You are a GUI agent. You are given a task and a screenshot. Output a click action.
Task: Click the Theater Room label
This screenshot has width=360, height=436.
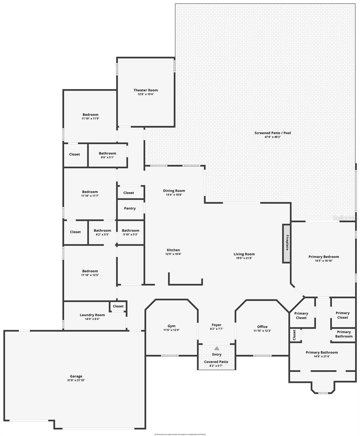(145, 90)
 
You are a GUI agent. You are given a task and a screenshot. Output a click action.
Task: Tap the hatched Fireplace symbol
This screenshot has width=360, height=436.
(287, 243)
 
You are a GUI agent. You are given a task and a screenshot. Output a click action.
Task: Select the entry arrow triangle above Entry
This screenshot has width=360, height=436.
(217, 348)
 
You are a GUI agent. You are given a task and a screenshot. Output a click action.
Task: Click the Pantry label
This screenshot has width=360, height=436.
(130, 209)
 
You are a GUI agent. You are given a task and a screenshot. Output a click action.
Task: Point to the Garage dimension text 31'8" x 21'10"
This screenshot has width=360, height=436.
(76, 380)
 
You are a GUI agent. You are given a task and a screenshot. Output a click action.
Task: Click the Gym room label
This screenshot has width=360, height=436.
(171, 326)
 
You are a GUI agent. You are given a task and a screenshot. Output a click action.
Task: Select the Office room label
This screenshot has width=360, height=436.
(262, 327)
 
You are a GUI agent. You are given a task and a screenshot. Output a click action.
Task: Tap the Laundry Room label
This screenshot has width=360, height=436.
(92, 315)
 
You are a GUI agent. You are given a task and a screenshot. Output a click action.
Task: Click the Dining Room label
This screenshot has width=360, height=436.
(174, 191)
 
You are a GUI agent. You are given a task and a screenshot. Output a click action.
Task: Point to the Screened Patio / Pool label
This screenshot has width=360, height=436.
(272, 133)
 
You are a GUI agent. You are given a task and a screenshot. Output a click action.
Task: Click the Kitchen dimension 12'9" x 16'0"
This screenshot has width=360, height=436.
(173, 254)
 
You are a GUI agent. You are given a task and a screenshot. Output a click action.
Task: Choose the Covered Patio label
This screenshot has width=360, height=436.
(216, 362)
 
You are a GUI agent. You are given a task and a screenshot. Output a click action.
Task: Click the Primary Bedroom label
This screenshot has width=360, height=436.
(324, 257)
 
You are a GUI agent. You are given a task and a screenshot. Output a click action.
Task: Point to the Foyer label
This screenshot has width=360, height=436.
(217, 325)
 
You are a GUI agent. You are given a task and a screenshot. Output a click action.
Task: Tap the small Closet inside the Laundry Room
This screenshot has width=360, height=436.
(118, 306)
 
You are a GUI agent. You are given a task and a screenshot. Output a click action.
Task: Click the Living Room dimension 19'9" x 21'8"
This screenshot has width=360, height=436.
(244, 258)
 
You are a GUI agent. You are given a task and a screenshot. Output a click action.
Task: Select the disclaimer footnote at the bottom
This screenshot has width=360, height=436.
(180, 434)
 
